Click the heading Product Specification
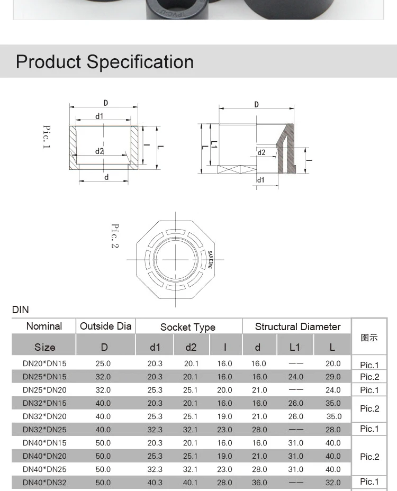click(x=105, y=62)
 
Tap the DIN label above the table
click(x=21, y=310)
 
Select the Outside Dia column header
click(x=105, y=326)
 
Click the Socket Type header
click(x=188, y=327)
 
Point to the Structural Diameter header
click(x=297, y=326)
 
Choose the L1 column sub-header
click(x=295, y=347)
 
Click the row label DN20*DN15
click(x=44, y=363)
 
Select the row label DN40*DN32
click(x=44, y=483)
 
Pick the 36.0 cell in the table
click(x=259, y=483)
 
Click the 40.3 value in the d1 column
click(x=155, y=483)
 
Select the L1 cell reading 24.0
click(x=295, y=377)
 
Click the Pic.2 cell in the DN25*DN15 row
click(x=369, y=377)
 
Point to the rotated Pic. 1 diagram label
click(x=47, y=137)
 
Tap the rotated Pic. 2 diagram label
click(x=114, y=236)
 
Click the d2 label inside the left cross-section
click(x=100, y=151)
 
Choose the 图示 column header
click(x=369, y=337)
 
